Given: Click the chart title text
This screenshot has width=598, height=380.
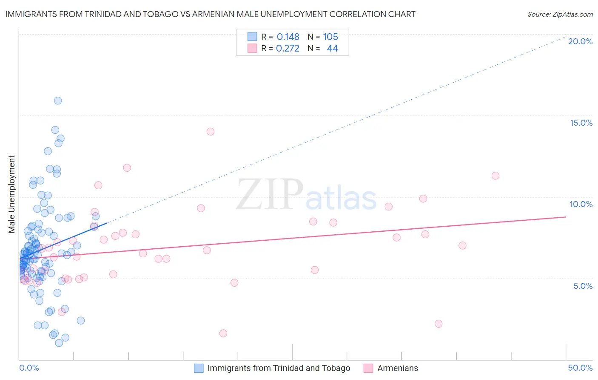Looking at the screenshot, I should [210, 14].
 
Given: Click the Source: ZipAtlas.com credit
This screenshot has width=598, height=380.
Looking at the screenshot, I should [560, 14].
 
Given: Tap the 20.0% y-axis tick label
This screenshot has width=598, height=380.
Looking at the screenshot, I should [580, 41].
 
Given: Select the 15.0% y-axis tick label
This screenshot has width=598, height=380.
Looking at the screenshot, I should [581, 123].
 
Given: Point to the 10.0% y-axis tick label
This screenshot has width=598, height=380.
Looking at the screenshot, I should [581, 204].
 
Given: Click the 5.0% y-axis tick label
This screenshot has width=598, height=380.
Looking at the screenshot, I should [583, 286].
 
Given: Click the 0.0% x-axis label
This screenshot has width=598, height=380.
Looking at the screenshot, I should [29, 368].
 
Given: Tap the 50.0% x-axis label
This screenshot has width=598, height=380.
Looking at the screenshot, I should [580, 368].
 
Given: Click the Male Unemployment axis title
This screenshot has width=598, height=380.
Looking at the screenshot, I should [11, 194].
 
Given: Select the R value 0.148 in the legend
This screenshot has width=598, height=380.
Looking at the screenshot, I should [288, 37].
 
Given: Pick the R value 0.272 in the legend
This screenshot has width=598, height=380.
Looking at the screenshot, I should [288, 49].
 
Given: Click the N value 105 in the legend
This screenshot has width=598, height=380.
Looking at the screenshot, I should [330, 37].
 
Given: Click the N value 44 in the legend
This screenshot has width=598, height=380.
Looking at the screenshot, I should [332, 49].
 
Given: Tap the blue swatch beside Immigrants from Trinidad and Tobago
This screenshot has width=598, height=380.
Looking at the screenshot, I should [199, 368].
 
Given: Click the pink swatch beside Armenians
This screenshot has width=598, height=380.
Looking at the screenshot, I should [368, 368].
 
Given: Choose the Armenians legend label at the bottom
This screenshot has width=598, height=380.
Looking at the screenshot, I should [398, 368].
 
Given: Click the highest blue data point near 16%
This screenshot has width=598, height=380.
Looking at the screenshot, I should [58, 101].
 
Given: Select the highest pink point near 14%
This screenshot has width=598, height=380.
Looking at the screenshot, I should [210, 132].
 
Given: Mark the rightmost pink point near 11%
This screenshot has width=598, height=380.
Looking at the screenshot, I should [495, 176].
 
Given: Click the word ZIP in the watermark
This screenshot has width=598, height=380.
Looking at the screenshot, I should [270, 195].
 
